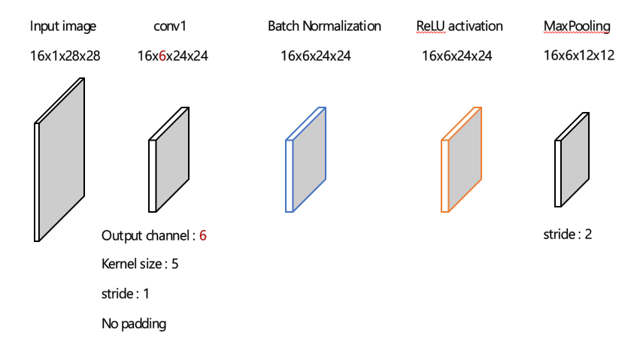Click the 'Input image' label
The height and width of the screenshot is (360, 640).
click(63, 26)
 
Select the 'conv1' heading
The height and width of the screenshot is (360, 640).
click(169, 26)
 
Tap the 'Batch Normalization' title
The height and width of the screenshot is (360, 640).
click(324, 26)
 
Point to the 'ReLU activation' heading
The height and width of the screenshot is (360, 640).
click(460, 26)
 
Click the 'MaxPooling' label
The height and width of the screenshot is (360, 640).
click(576, 26)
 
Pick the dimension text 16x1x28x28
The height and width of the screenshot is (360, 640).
click(65, 55)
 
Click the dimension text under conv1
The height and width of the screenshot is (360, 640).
click(173, 55)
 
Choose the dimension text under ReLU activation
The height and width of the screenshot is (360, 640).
click(457, 55)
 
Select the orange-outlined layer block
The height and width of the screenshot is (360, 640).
click(463, 159)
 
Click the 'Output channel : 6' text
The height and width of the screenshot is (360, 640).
click(153, 235)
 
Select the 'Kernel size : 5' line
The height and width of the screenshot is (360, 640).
click(140, 264)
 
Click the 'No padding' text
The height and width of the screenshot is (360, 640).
click(134, 324)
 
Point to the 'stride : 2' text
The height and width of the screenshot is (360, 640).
click(567, 234)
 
